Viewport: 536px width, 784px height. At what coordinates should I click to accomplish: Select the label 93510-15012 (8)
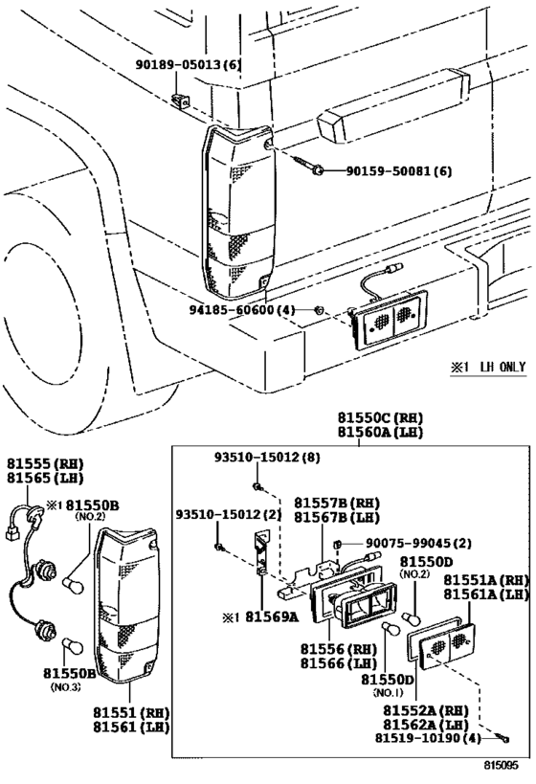(256, 459)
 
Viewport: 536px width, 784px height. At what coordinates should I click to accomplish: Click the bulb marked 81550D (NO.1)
(390, 628)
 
